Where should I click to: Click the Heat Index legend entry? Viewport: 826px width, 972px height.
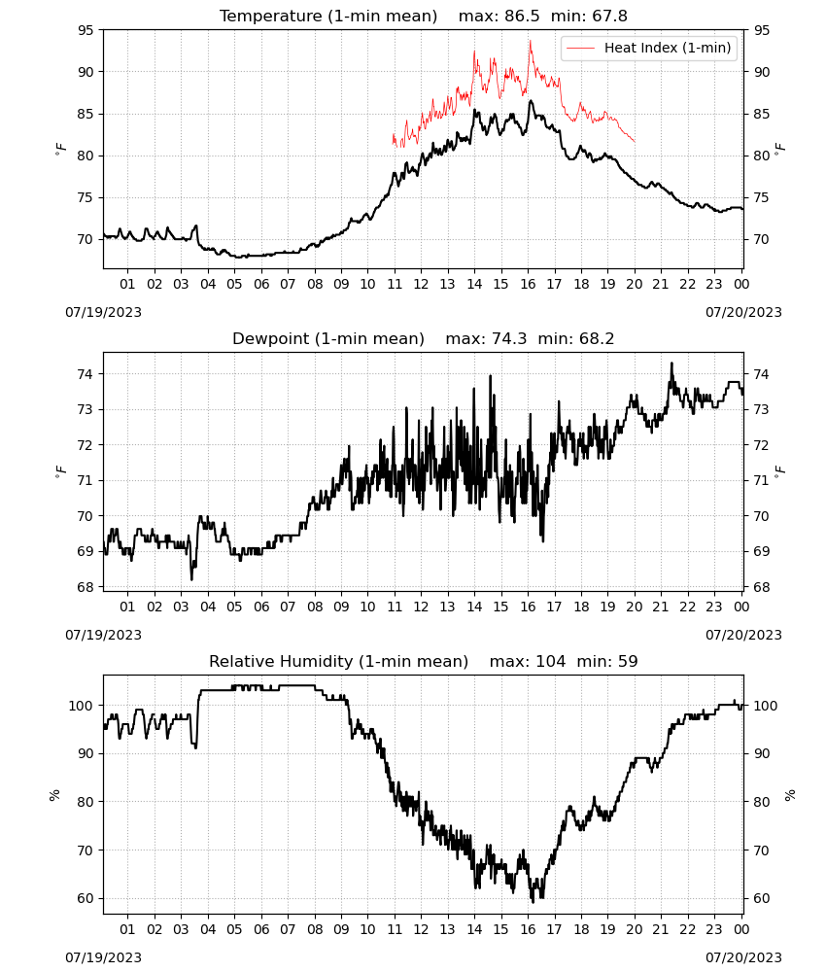point(649,48)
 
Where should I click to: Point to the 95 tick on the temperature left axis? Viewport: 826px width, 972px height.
point(86,30)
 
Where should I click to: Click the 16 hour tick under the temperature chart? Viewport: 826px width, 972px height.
point(528,284)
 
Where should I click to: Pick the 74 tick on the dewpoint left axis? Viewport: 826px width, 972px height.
point(86,374)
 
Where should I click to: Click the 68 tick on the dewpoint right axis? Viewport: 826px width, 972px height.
point(761,587)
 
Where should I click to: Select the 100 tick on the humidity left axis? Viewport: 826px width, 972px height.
point(82,706)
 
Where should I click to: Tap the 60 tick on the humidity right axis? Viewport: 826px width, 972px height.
point(761,898)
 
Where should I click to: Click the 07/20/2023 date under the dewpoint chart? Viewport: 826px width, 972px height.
point(743,635)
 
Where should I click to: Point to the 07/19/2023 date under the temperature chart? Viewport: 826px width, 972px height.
point(103,312)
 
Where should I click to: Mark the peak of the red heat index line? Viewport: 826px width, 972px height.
point(531,41)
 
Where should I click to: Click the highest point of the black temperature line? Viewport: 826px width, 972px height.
point(531,100)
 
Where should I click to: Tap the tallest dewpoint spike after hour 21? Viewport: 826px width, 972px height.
point(671,364)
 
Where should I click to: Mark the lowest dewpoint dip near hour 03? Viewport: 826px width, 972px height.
point(191,579)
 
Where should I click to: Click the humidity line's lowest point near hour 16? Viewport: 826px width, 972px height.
point(533,902)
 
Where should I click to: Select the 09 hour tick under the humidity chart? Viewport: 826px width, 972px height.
point(341,929)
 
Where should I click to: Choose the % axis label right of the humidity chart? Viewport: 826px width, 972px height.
point(790,795)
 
